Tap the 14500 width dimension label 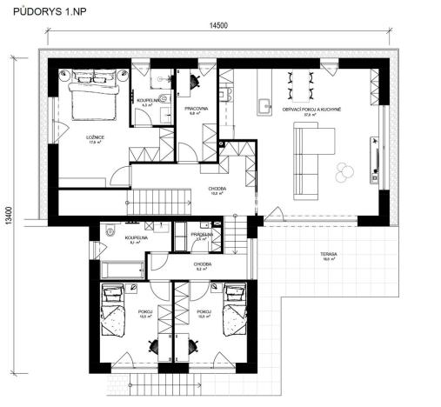click(219, 28)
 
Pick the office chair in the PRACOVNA click(194, 79)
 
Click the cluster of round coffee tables click(345, 170)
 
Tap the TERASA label click(327, 255)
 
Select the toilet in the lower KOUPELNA click(110, 232)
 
